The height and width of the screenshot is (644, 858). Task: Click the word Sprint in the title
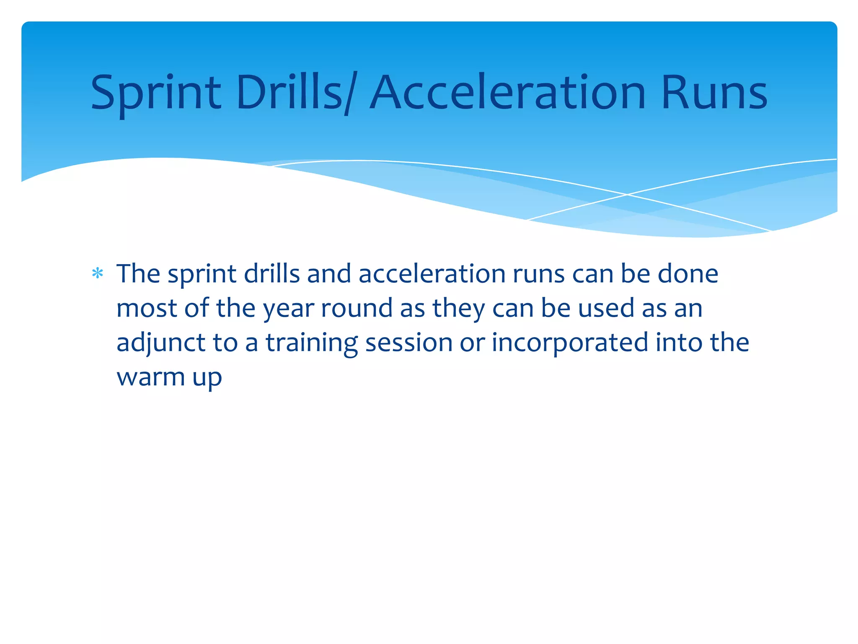pyautogui.click(x=155, y=93)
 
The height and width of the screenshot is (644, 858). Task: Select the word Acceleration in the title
pyautogui.click(x=507, y=93)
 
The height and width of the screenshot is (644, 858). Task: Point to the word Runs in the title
pyautogui.click(x=714, y=93)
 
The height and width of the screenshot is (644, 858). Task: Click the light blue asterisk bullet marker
pyautogui.click(x=98, y=274)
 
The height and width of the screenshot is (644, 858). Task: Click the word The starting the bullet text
pyautogui.click(x=138, y=274)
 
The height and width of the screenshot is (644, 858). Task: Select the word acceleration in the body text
pyautogui.click(x=432, y=274)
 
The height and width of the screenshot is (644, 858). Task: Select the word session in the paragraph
pyautogui.click(x=409, y=343)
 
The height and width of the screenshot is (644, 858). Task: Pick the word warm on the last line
pyautogui.click(x=150, y=377)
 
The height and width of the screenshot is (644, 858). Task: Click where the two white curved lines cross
pyautogui.click(x=627, y=195)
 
